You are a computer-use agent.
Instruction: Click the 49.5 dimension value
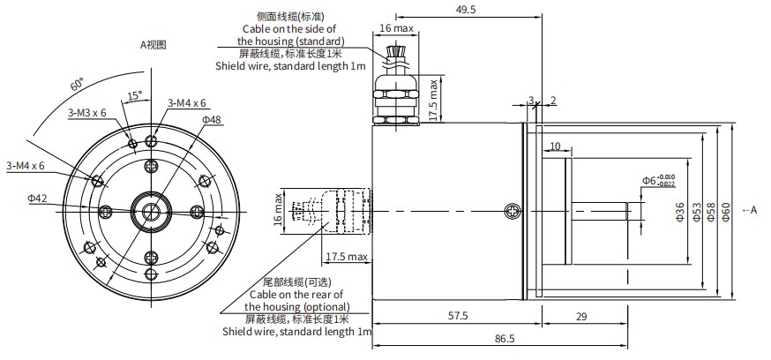coord(466,10)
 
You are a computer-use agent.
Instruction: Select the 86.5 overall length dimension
coord(504,338)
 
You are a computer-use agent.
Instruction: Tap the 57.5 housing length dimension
coord(458,315)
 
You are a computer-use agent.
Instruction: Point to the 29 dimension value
coord(580,315)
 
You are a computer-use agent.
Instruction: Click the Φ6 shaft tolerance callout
coord(658,181)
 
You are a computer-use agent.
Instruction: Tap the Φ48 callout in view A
coord(212,119)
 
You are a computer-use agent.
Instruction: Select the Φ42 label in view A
coord(37,199)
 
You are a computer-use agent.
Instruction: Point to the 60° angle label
coord(78,86)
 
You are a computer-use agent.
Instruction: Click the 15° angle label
coord(134,94)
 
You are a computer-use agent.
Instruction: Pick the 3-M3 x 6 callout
coord(86,113)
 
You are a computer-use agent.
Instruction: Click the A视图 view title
coord(153,43)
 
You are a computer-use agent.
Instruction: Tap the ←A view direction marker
coord(750,209)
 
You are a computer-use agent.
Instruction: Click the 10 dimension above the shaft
coord(556,146)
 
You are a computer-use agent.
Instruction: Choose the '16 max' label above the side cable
coord(396,28)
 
